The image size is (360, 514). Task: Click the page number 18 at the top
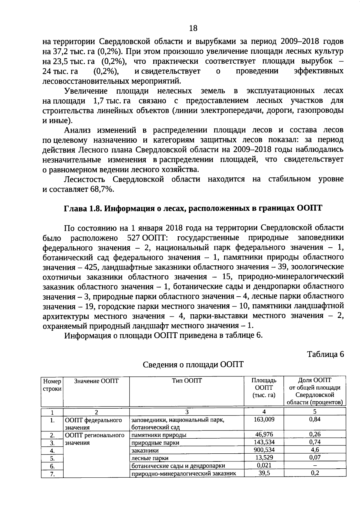(x=193, y=28)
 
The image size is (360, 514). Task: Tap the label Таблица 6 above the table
(x=325, y=354)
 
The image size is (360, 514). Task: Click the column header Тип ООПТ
(x=187, y=381)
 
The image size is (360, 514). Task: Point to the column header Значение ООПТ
(x=96, y=381)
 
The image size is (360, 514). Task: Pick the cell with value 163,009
(x=264, y=419)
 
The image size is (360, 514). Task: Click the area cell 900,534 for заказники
(x=264, y=450)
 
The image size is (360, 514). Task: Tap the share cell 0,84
(x=314, y=419)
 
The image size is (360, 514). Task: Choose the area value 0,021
(x=264, y=465)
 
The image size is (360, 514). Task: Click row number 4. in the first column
(x=52, y=451)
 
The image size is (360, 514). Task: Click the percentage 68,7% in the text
(x=102, y=189)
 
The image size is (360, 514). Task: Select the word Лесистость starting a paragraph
(x=85, y=180)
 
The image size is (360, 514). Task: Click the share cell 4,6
(x=314, y=450)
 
